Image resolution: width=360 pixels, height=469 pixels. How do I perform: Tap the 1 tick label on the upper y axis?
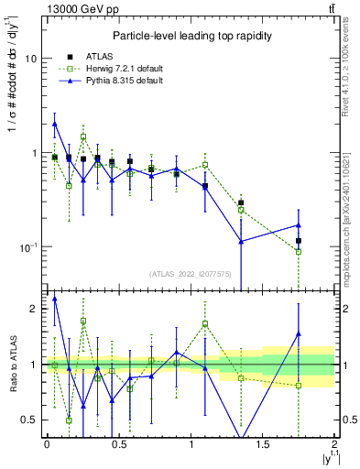coord(33,153)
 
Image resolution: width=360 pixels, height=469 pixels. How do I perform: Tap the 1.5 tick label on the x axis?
coord(263,443)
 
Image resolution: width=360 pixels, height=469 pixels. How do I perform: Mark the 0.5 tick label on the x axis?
coord(118,443)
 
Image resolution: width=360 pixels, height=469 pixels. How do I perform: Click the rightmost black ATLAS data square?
coord(299,241)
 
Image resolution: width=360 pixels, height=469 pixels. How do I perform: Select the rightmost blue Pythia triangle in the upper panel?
coord(299,224)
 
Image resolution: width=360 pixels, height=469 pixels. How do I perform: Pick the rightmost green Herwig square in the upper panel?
coord(299,251)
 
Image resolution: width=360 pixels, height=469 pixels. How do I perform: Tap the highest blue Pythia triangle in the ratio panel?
coord(55,298)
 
